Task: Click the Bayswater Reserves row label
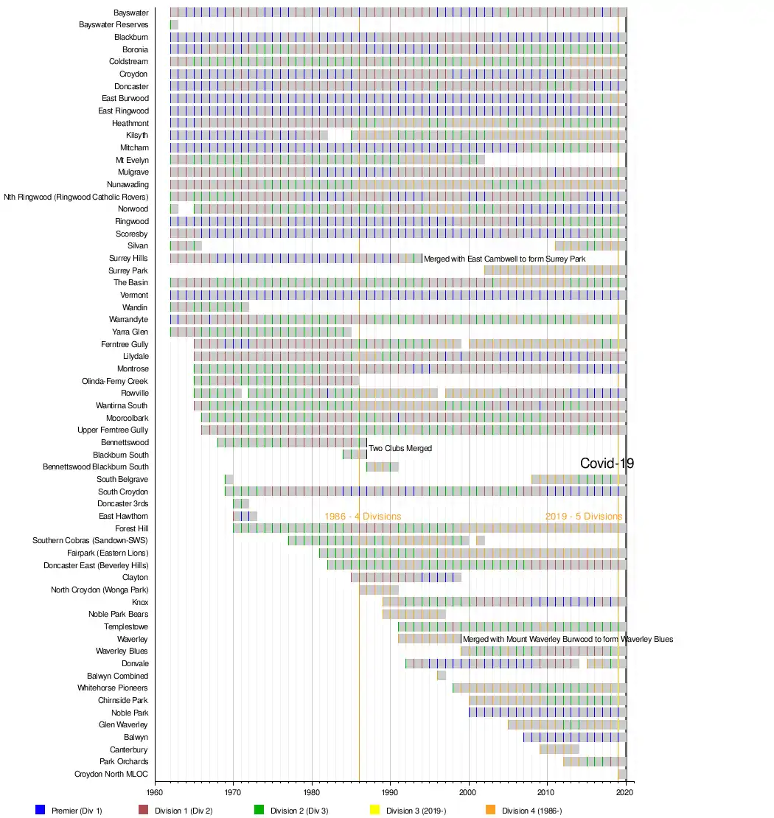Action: (114, 25)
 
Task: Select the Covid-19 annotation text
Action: (607, 464)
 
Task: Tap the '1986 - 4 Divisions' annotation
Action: (363, 517)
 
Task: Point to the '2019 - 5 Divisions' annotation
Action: (583, 517)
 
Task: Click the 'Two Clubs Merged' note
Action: (400, 448)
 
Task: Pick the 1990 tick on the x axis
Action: (390, 792)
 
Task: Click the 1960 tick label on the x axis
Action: (155, 792)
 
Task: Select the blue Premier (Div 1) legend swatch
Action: (41, 810)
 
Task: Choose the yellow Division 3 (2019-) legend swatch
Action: (373, 810)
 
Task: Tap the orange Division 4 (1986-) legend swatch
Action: (491, 810)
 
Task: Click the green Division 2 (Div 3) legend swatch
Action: (259, 810)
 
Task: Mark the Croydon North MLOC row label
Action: (111, 774)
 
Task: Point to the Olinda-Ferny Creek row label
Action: (115, 381)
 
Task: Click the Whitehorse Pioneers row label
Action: (113, 688)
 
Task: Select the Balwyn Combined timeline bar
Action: (442, 676)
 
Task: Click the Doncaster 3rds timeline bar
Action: (241, 504)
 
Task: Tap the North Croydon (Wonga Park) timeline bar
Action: (379, 590)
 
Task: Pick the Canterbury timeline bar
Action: (559, 749)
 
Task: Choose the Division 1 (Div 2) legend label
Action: (184, 811)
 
